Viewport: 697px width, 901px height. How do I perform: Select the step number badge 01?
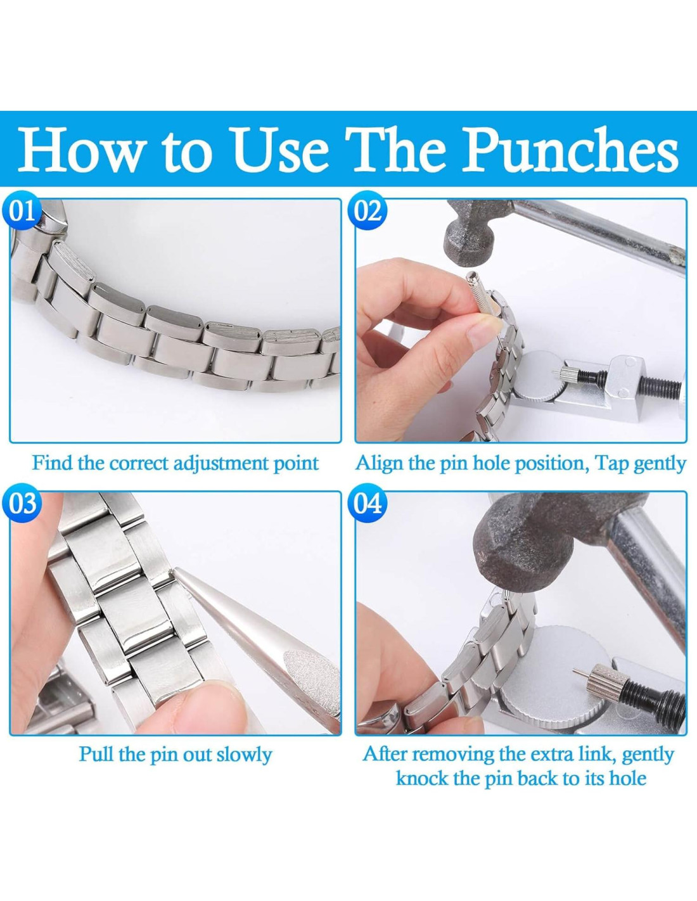tap(23, 211)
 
